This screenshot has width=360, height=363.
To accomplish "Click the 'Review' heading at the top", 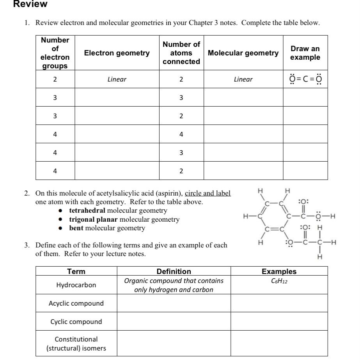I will [30, 4].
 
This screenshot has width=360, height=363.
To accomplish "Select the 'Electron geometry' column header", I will [117, 53].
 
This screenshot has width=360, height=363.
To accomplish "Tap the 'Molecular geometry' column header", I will [243, 53].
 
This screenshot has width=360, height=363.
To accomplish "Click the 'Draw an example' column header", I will [305, 53].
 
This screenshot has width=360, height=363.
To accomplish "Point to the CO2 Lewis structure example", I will [305, 80].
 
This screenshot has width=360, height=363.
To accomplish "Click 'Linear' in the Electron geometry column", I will [117, 80].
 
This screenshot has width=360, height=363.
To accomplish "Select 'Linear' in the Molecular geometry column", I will [243, 80].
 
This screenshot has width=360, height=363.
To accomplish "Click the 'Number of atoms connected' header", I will [181, 53].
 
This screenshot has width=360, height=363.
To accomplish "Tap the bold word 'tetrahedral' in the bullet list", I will [87, 211].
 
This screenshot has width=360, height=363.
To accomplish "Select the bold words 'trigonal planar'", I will [93, 219].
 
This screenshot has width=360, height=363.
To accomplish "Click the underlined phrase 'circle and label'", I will [207, 194].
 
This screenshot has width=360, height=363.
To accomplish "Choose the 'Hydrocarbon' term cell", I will [76, 285].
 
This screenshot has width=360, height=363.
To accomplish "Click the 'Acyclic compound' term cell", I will [76, 303].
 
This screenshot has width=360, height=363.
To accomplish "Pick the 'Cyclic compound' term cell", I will [76, 322].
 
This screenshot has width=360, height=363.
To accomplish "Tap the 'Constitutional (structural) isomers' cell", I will [76, 343].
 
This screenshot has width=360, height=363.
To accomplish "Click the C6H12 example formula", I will [279, 281].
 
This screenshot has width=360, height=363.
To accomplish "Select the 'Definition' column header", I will [174, 271].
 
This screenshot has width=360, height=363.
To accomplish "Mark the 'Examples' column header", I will [279, 271].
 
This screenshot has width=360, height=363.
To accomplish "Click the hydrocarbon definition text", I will [174, 285].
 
